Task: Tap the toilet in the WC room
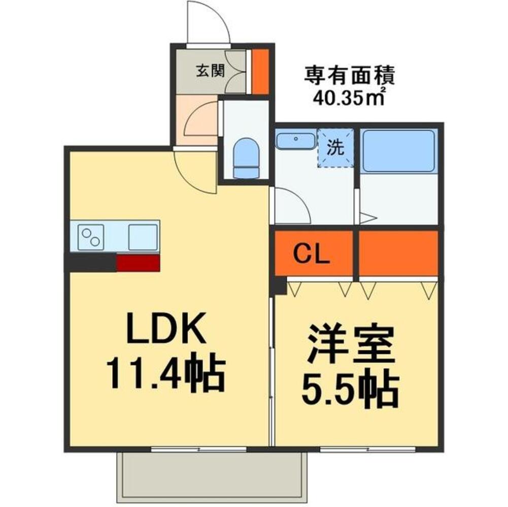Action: pyautogui.click(x=246, y=158)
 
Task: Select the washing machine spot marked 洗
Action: pyautogui.click(x=335, y=148)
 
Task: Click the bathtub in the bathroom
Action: pyautogui.click(x=398, y=151)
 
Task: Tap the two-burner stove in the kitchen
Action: pyautogui.click(x=91, y=237)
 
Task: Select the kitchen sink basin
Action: pyautogui.click(x=143, y=237)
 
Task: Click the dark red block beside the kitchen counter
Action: pyautogui.click(x=138, y=263)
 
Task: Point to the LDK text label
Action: pyautogui.click(x=166, y=328)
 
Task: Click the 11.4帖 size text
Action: pyautogui.click(x=166, y=375)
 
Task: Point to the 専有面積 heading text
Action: pyautogui.click(x=349, y=75)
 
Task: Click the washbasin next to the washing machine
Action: pyautogui.click(x=295, y=139)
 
